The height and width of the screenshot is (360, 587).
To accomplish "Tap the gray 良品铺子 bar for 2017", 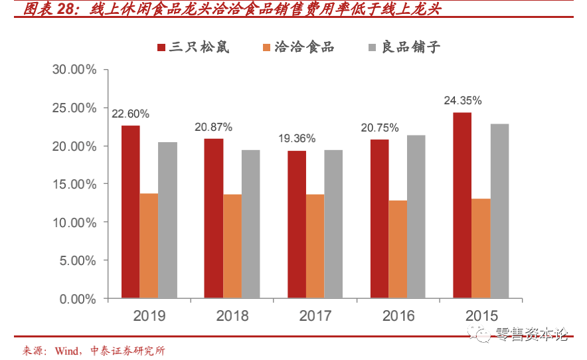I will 333,224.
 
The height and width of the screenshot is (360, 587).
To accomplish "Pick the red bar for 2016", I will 379,219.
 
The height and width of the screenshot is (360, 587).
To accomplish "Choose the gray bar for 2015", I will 499,211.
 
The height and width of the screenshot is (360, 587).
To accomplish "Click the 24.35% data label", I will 462,101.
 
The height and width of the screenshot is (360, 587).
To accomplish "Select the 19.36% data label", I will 296,139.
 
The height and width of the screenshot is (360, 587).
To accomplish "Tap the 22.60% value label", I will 130,114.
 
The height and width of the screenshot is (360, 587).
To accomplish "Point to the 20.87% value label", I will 213,126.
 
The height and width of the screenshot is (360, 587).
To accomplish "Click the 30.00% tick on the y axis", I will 74,70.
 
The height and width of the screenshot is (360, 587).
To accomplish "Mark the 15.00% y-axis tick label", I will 74,184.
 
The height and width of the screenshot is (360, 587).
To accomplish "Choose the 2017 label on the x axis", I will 315,315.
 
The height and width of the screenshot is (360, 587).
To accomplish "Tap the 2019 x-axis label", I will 149,315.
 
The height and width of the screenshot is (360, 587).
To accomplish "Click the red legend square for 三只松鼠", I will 161,47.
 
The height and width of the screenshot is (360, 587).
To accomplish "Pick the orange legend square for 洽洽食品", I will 267,47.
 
